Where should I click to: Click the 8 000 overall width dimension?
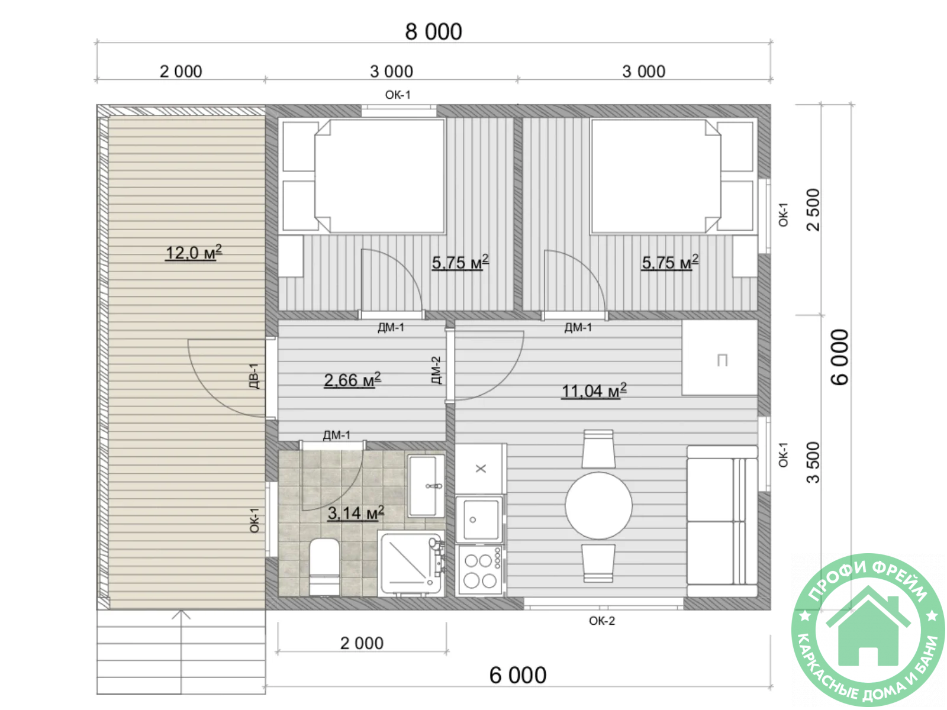coord(433,31)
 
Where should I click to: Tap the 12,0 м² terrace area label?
coord(194,252)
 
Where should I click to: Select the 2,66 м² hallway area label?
coord(352,380)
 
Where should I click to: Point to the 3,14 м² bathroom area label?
coord(356,512)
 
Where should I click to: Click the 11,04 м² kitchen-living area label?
coord(593,390)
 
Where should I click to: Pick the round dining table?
coord(598,505)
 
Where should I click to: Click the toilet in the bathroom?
coord(324,566)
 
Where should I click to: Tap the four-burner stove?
coord(480,570)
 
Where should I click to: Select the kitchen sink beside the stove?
coord(480,519)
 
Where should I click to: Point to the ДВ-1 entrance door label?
coord(254,376)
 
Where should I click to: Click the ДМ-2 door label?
coord(436,370)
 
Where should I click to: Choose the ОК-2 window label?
coord(602,620)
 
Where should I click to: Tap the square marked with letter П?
coord(719,357)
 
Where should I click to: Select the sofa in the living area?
coord(721,521)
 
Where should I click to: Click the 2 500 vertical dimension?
coord(813,209)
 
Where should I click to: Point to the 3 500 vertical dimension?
coord(813,462)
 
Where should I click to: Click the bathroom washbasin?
coord(426,486)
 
